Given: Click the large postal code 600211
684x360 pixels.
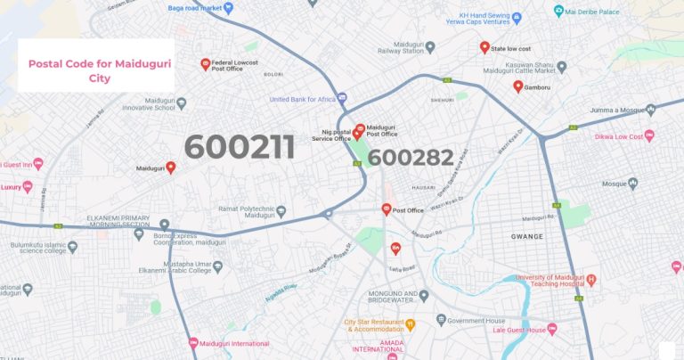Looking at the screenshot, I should coord(239,147).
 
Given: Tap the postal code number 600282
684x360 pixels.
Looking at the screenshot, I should coord(411,158).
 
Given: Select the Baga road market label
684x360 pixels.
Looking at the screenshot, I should coord(194,8).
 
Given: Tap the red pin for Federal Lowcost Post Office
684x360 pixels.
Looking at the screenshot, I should coord(206,64).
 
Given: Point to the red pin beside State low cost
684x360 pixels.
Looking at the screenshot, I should coord(484,47).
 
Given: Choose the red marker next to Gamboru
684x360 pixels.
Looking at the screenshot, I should coord(517,86).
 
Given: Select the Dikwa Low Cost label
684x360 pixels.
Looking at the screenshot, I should coord(616,136).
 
